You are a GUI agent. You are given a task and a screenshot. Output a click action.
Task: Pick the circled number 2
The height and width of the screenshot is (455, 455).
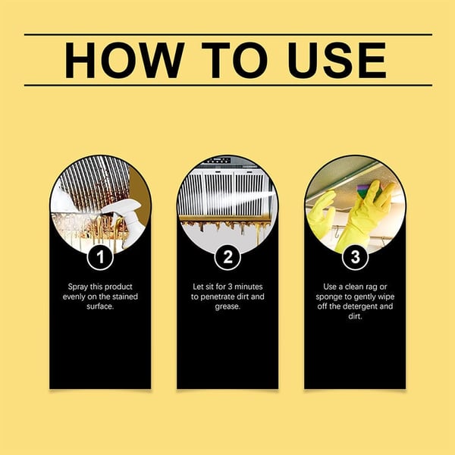[x=227, y=258]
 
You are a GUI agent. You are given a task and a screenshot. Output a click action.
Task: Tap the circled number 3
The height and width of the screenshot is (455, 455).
[x=354, y=258]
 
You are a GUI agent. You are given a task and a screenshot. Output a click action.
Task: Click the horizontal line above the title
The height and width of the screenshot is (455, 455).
[x=227, y=34]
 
